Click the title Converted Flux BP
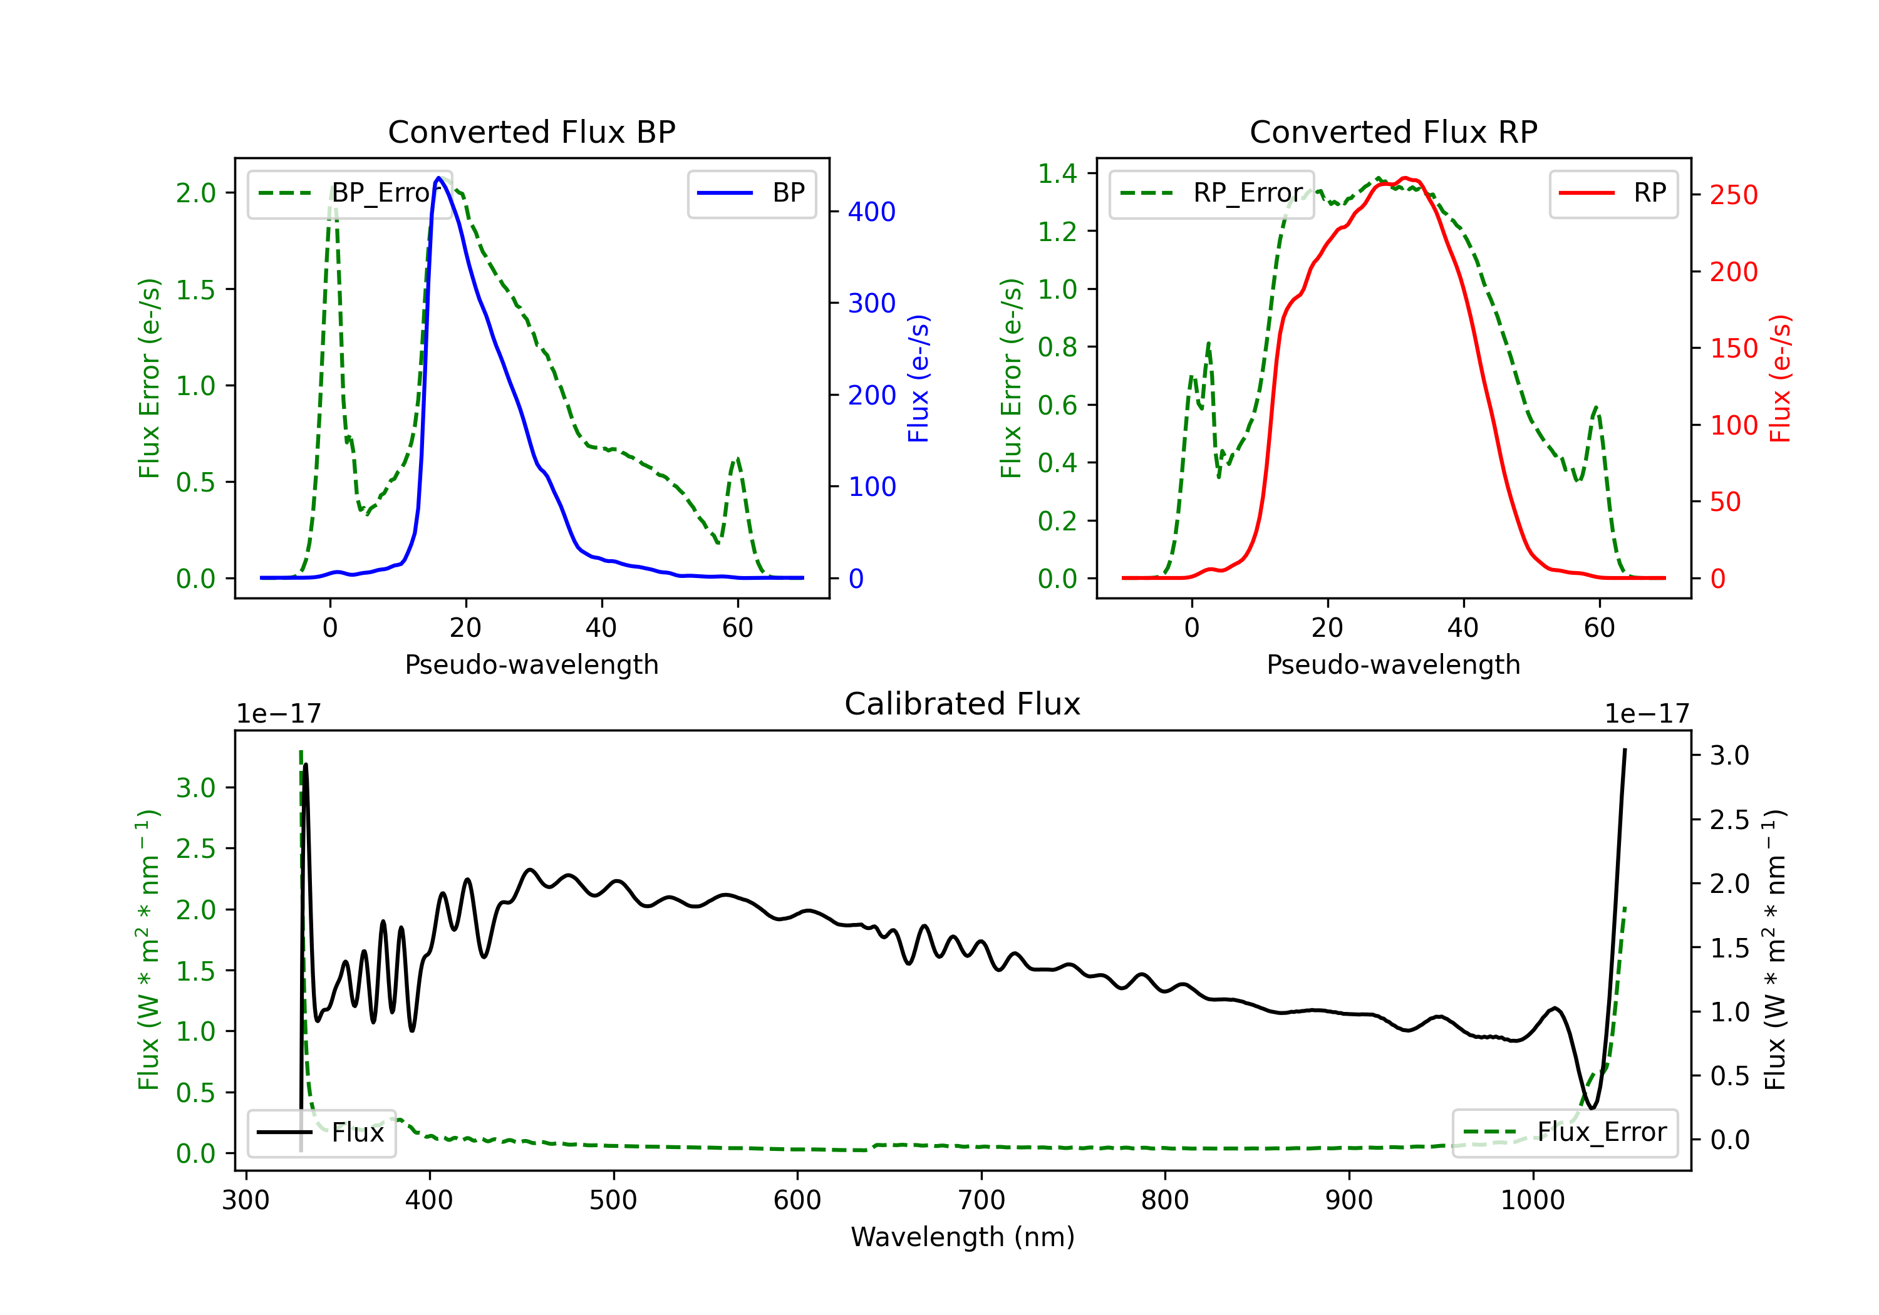[x=531, y=131]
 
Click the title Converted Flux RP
[x=1393, y=131]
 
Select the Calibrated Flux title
[x=963, y=704]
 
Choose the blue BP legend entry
[x=751, y=193]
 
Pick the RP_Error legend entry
[x=1211, y=193]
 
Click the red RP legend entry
[x=1613, y=193]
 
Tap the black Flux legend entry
[x=321, y=1133]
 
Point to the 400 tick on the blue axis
[x=872, y=212]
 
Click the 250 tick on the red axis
[x=1733, y=195]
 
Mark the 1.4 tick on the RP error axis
[x=1057, y=173]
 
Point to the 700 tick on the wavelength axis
[x=981, y=1200]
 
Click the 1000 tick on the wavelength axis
[x=1533, y=1200]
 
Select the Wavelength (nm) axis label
[x=963, y=1237]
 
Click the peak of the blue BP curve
[x=438, y=178]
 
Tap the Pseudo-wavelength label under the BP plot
[x=532, y=664]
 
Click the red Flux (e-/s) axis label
[x=1780, y=378]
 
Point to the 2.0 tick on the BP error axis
[x=195, y=193]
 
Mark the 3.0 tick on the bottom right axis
[x=1729, y=755]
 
